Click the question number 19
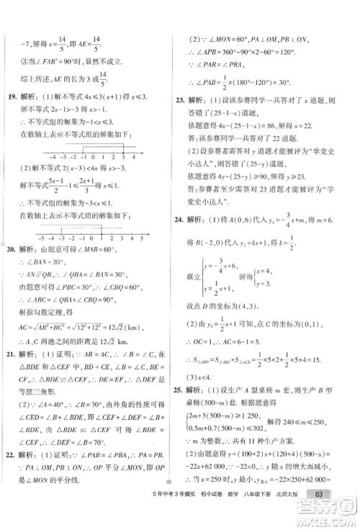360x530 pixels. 12,96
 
